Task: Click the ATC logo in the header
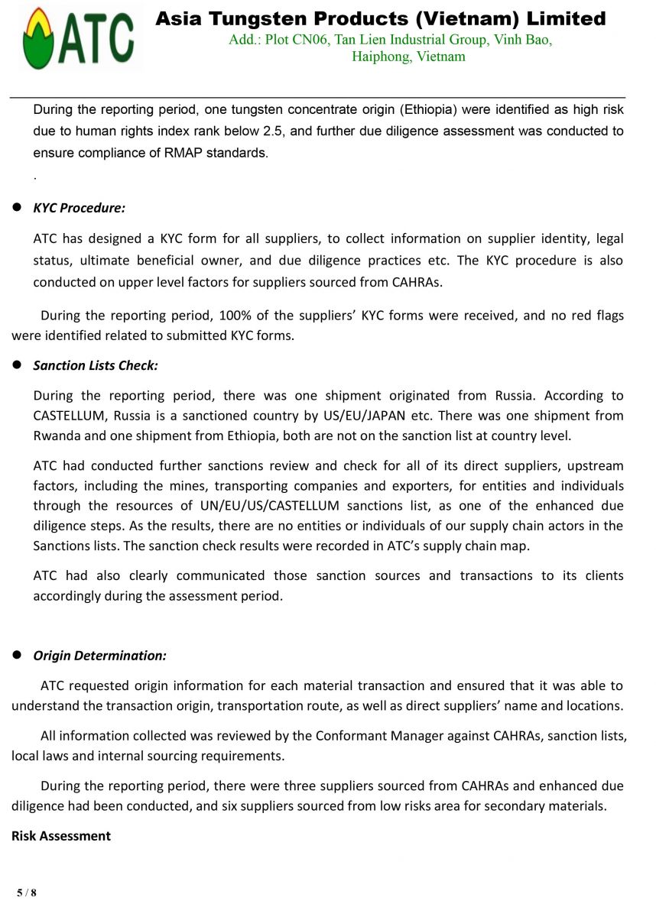click(x=78, y=38)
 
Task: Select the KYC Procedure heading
click(x=79, y=208)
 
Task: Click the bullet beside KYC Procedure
click(x=17, y=208)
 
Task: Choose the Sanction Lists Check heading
click(x=96, y=365)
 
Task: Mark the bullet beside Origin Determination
click(x=17, y=656)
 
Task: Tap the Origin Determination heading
click(x=99, y=656)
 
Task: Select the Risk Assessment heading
click(x=61, y=836)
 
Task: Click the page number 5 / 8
click(x=27, y=893)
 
